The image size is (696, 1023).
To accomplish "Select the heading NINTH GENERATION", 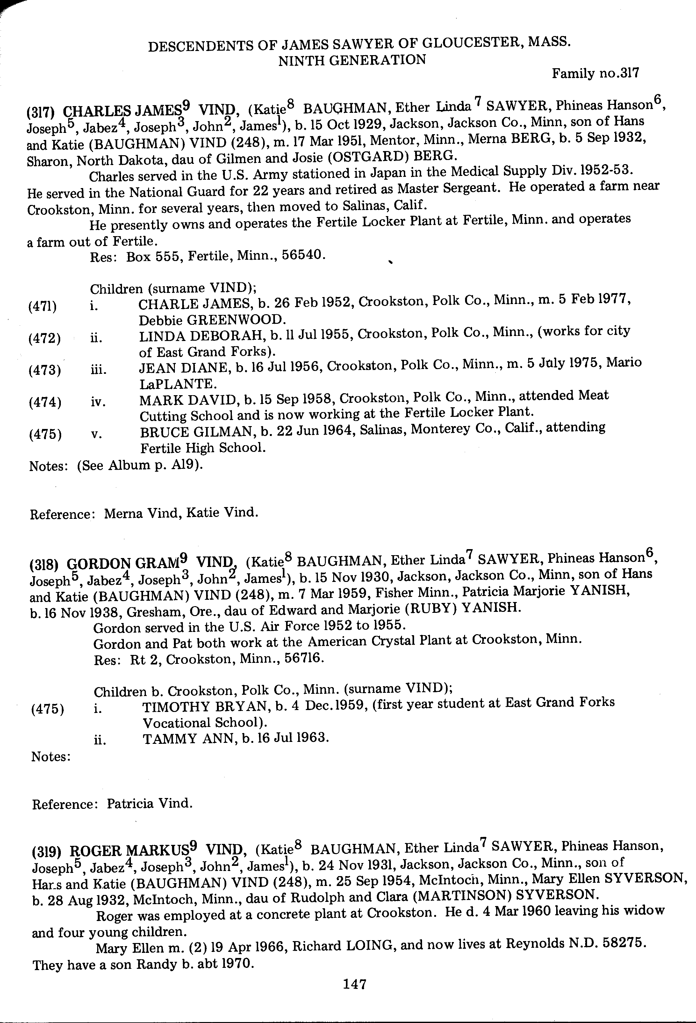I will pos(352,60).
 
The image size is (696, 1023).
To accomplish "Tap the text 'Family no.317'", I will pos(595,73).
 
